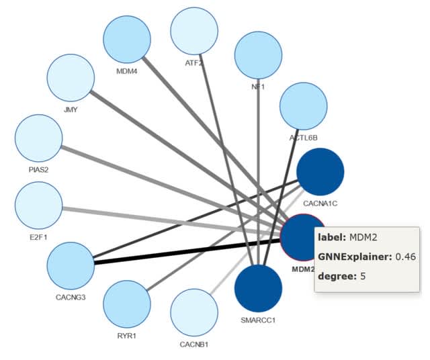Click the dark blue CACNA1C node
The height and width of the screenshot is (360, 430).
[320, 172]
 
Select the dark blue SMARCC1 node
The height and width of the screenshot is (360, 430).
[259, 287]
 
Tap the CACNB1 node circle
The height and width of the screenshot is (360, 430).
[195, 313]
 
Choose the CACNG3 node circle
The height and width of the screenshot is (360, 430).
[71, 266]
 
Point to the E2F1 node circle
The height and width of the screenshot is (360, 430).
[38, 204]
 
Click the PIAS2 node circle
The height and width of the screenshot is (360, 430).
[38, 138]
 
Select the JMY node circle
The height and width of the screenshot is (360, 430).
[70, 77]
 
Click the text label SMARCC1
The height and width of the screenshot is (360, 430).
[259, 320]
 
